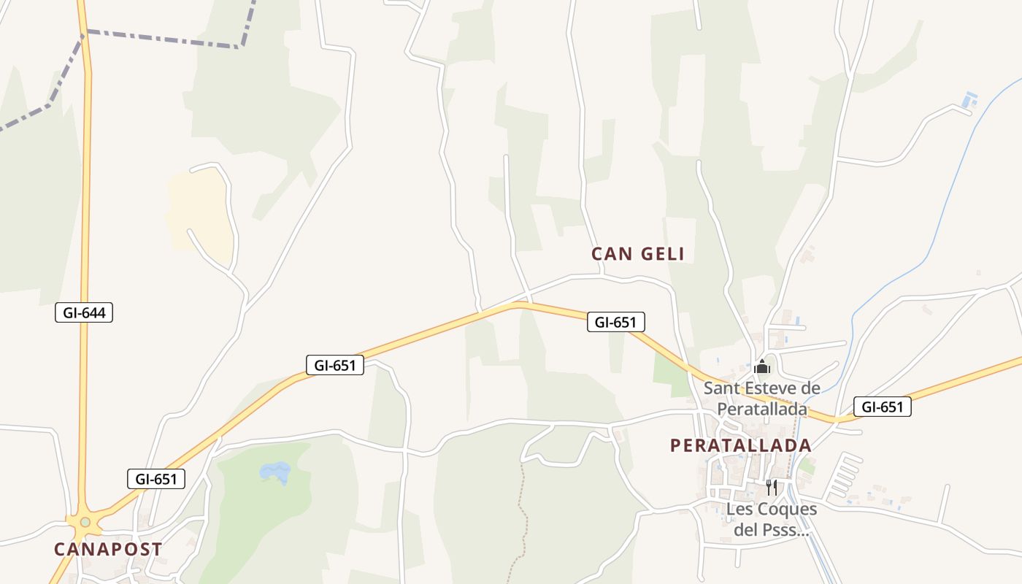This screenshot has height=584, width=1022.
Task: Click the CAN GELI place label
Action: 638,254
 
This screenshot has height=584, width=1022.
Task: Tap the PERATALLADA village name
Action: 740,445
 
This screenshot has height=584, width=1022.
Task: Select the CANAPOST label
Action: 108,550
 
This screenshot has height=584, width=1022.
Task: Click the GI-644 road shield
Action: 84,313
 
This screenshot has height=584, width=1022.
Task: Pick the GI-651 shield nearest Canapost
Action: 156,480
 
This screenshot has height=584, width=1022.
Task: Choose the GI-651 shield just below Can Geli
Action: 616,322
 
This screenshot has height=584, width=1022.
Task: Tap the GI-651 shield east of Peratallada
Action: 883,407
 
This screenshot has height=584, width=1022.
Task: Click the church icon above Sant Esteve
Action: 762,366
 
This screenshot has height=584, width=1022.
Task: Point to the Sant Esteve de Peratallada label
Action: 762,399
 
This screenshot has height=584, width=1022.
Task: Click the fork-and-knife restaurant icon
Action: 772,487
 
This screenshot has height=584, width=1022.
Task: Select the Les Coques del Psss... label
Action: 772,519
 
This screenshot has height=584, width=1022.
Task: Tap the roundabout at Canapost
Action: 85,522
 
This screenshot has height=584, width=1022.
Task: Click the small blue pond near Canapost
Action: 275,472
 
